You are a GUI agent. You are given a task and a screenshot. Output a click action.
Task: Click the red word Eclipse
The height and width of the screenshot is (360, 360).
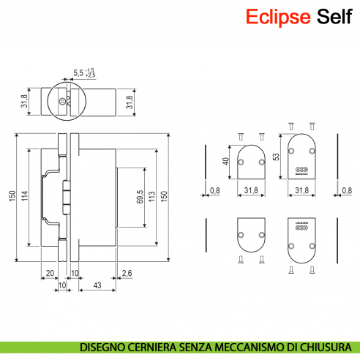pos(278,16)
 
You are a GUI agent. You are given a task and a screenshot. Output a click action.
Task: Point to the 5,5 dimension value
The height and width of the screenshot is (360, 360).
pos(78,72)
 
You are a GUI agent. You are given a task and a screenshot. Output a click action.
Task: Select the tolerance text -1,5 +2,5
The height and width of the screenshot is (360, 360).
pos(90,72)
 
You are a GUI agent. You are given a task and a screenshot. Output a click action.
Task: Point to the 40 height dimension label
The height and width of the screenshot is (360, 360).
pos(226,162)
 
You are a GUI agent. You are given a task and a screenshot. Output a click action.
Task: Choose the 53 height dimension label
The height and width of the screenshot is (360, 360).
pos(276,157)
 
